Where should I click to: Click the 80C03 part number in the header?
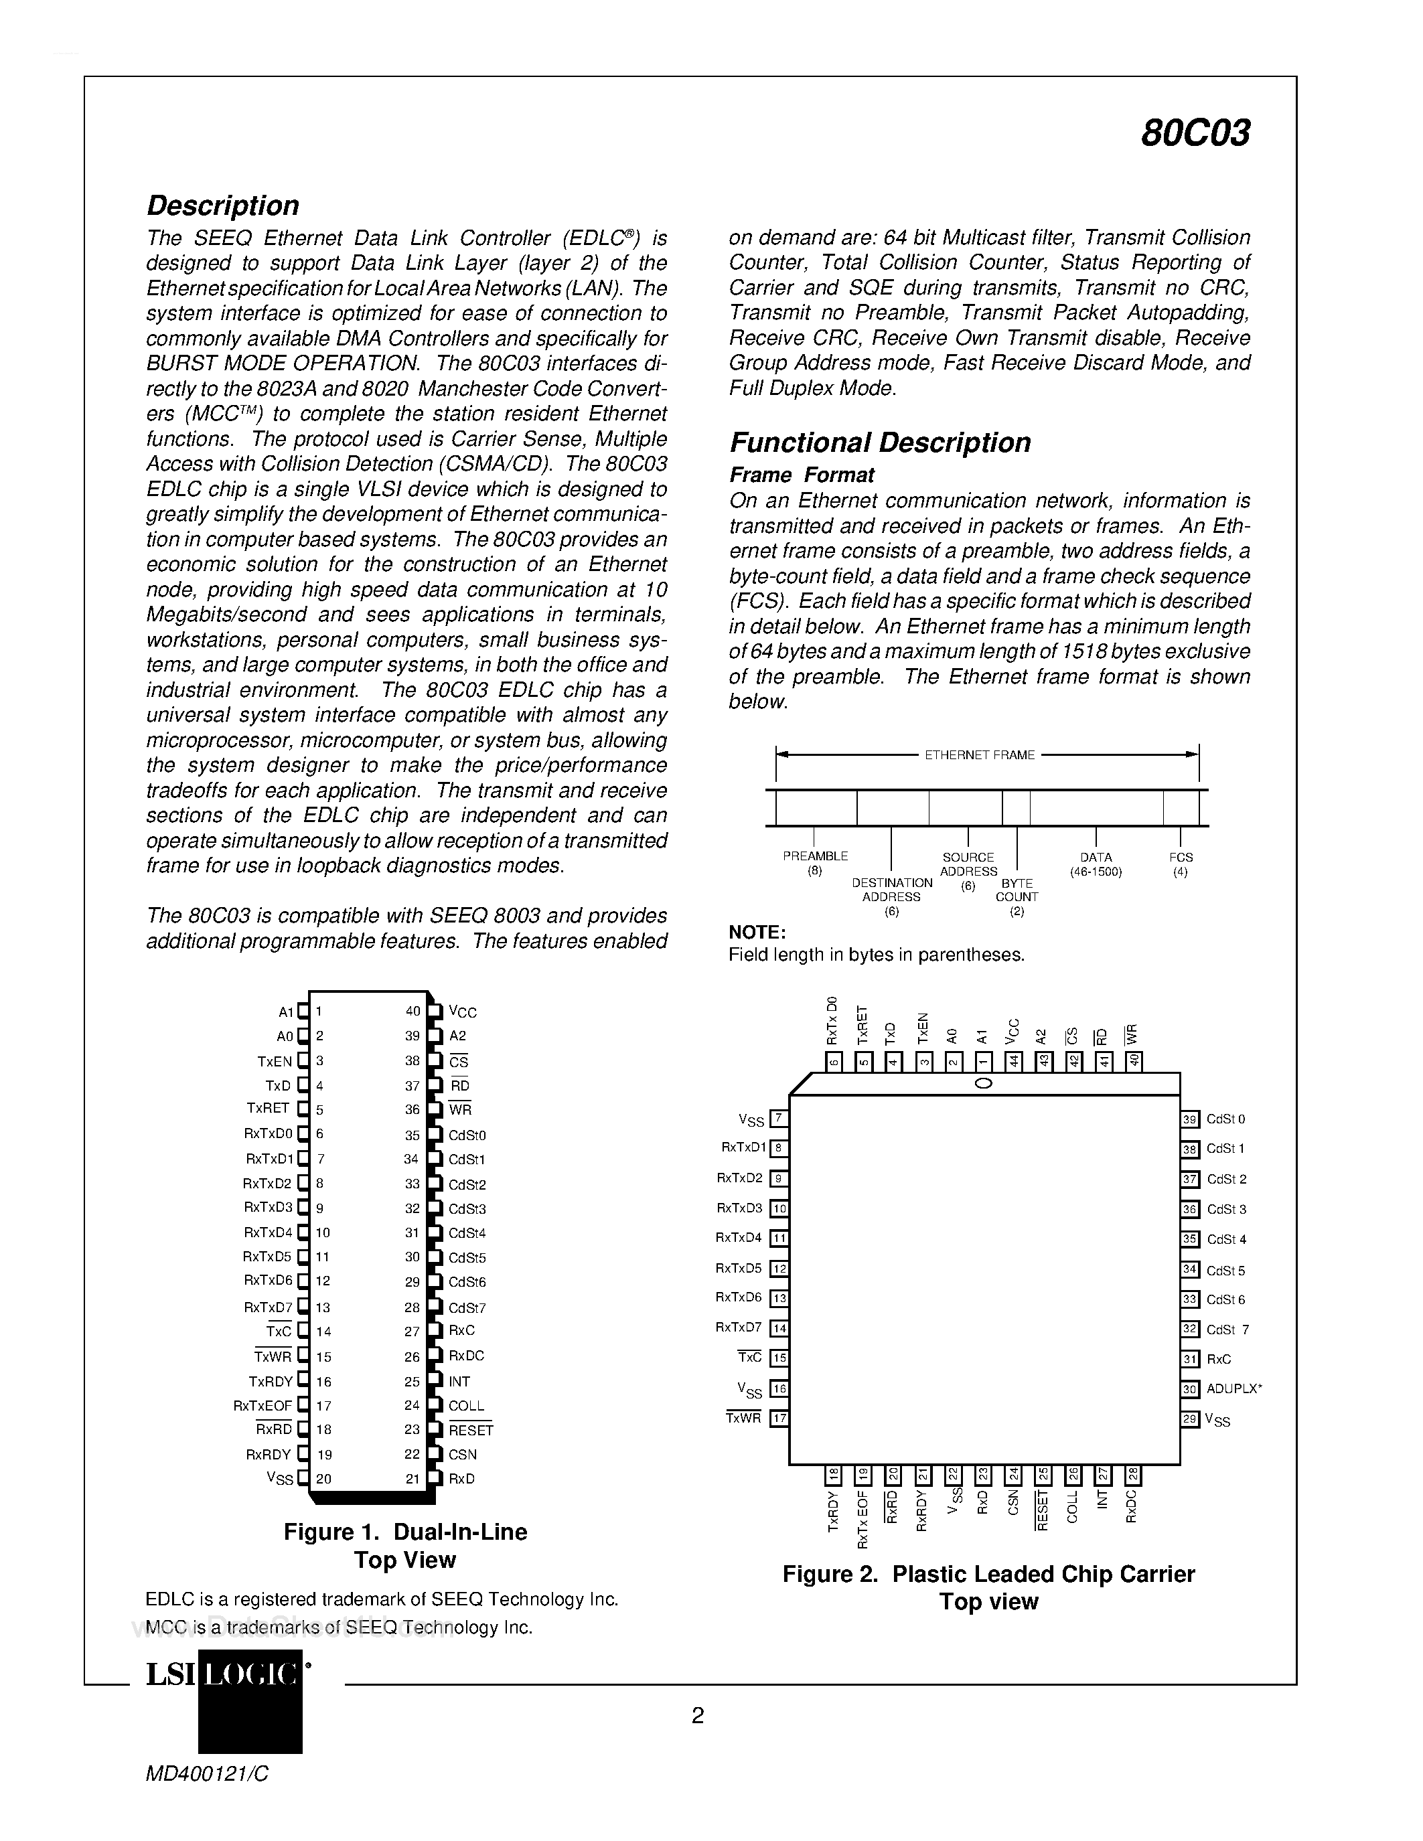click(x=1195, y=133)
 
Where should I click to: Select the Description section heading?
click(x=222, y=206)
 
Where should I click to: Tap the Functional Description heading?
click(x=880, y=443)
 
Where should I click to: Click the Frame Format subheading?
click(x=801, y=475)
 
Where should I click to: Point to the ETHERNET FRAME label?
click(x=980, y=755)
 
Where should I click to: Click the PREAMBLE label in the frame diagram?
click(x=814, y=856)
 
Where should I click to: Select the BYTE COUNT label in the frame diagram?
click(x=1017, y=890)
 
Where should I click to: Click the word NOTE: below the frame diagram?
click(x=757, y=933)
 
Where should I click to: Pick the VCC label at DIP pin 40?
click(x=463, y=1012)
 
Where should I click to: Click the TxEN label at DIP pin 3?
click(x=275, y=1061)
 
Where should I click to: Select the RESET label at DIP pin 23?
click(x=470, y=1431)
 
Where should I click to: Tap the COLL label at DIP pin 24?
click(x=466, y=1406)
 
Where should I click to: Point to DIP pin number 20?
click(x=323, y=1479)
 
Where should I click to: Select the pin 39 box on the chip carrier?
click(x=1189, y=1119)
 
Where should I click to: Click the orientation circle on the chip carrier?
click(x=983, y=1084)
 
